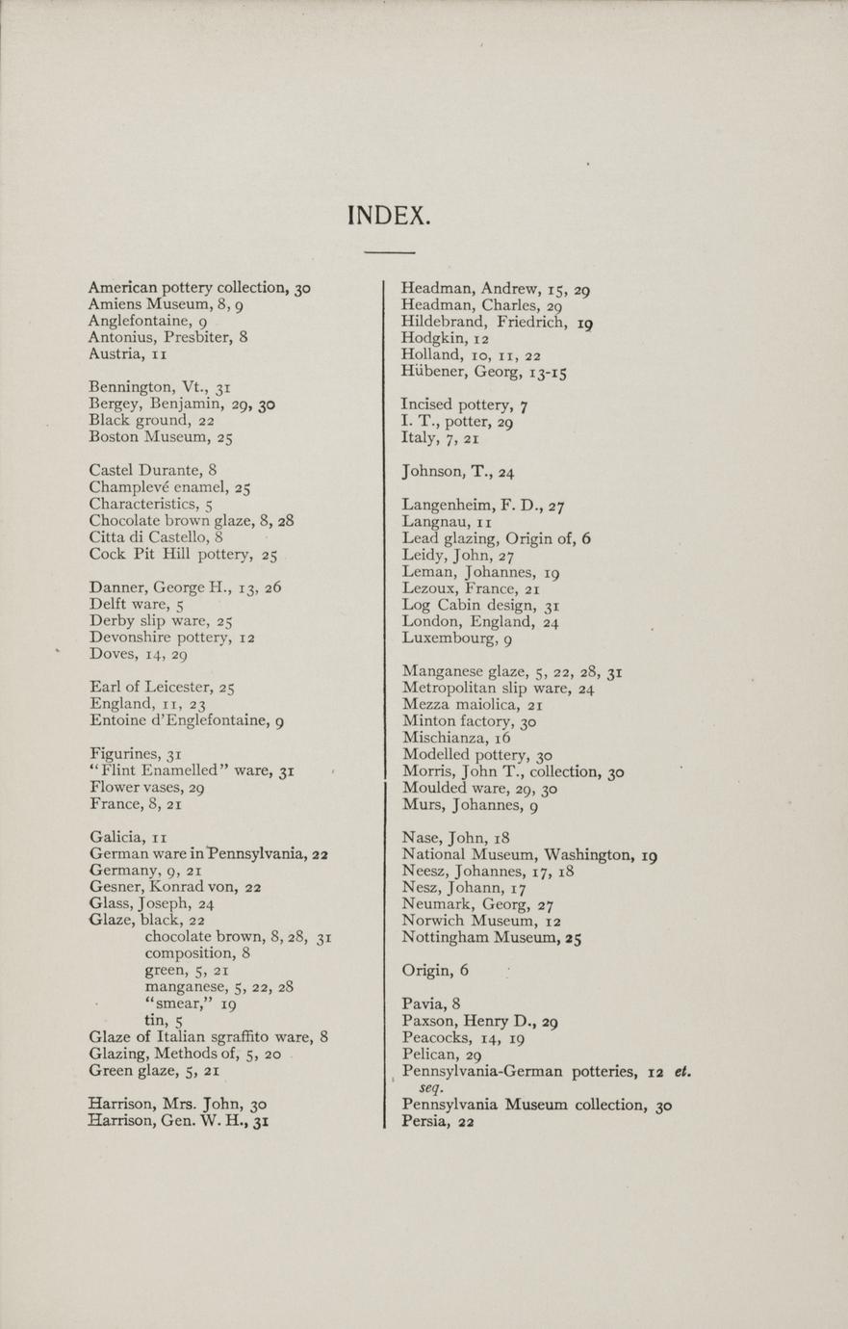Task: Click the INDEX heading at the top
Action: (388, 215)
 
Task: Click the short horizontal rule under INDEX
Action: (389, 252)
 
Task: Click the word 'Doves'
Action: (110, 654)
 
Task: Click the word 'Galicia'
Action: (116, 838)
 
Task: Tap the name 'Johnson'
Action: (432, 472)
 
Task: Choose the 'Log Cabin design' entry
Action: (469, 605)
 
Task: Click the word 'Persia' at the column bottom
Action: (424, 1121)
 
